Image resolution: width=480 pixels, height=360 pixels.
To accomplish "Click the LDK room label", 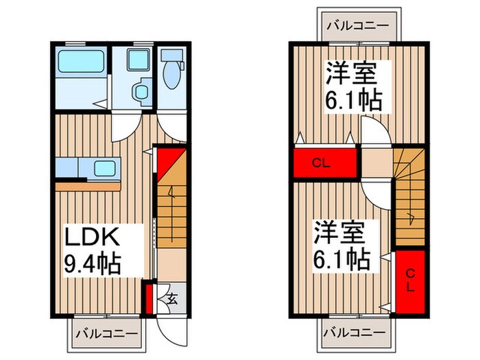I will coord(93,239).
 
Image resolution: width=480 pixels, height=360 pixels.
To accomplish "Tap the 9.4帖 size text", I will coord(93,262).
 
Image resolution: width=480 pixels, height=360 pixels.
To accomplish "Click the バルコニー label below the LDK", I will coord(106,334).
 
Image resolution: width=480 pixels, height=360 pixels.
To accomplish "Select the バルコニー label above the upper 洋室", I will coord(357,26).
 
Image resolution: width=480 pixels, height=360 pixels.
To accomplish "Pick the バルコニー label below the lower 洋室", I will coord(357,333).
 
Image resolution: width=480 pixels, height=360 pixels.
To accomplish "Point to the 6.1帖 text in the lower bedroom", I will coord(343,260).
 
